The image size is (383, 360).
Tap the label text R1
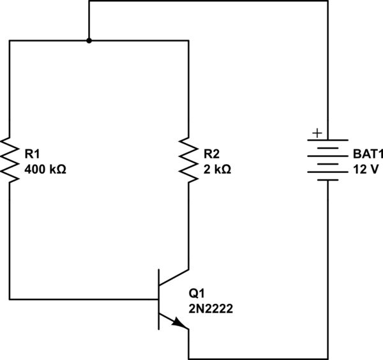click(32, 154)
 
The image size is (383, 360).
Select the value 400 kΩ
click(45, 170)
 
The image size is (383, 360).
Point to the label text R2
click(211, 154)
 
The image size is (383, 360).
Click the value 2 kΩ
click(217, 170)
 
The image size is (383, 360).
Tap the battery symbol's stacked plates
click(328, 160)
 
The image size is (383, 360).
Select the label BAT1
click(366, 154)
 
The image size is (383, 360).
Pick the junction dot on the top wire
click(89, 40)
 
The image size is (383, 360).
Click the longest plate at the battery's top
click(328, 140)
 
